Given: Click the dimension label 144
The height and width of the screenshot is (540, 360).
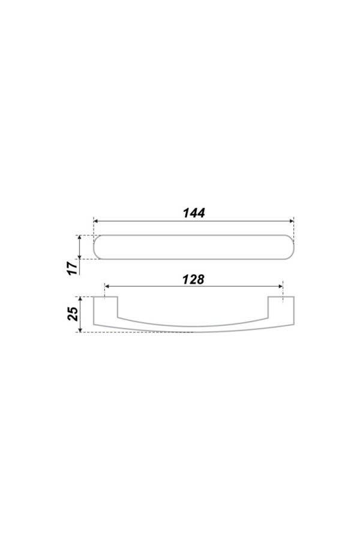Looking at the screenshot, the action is click(x=194, y=213).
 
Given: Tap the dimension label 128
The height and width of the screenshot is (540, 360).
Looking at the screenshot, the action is click(x=193, y=279).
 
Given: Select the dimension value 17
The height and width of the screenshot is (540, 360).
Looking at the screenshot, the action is click(x=72, y=268).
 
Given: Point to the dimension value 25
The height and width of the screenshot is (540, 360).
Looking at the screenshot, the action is click(x=73, y=314).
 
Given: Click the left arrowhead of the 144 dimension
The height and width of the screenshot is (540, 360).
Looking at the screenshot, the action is click(x=96, y=221).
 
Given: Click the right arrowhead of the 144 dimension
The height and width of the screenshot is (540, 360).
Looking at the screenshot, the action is click(x=292, y=221).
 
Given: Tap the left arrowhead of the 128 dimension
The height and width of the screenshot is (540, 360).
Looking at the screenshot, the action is click(x=107, y=286).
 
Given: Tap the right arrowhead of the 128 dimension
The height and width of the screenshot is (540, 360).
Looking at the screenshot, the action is click(x=280, y=286).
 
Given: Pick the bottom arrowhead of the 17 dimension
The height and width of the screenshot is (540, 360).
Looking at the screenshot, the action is click(x=80, y=256).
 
